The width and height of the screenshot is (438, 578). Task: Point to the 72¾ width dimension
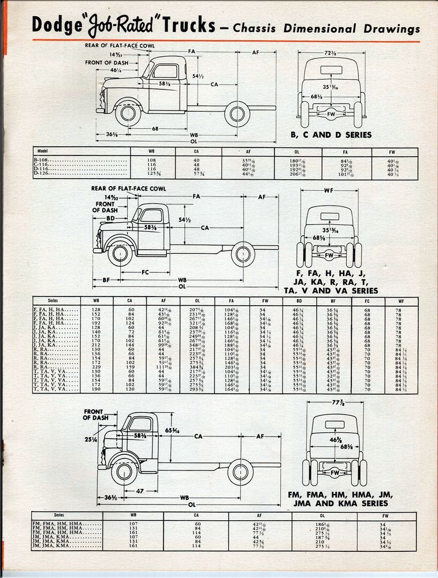pyautogui.click(x=331, y=53)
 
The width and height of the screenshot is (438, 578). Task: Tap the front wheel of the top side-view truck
pyautogui.click(x=127, y=113)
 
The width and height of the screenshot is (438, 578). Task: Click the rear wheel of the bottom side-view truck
pyautogui.click(x=240, y=471)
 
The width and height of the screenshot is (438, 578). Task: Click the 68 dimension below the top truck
pyautogui.click(x=155, y=128)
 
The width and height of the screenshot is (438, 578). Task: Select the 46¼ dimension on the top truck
pyautogui.click(x=116, y=70)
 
